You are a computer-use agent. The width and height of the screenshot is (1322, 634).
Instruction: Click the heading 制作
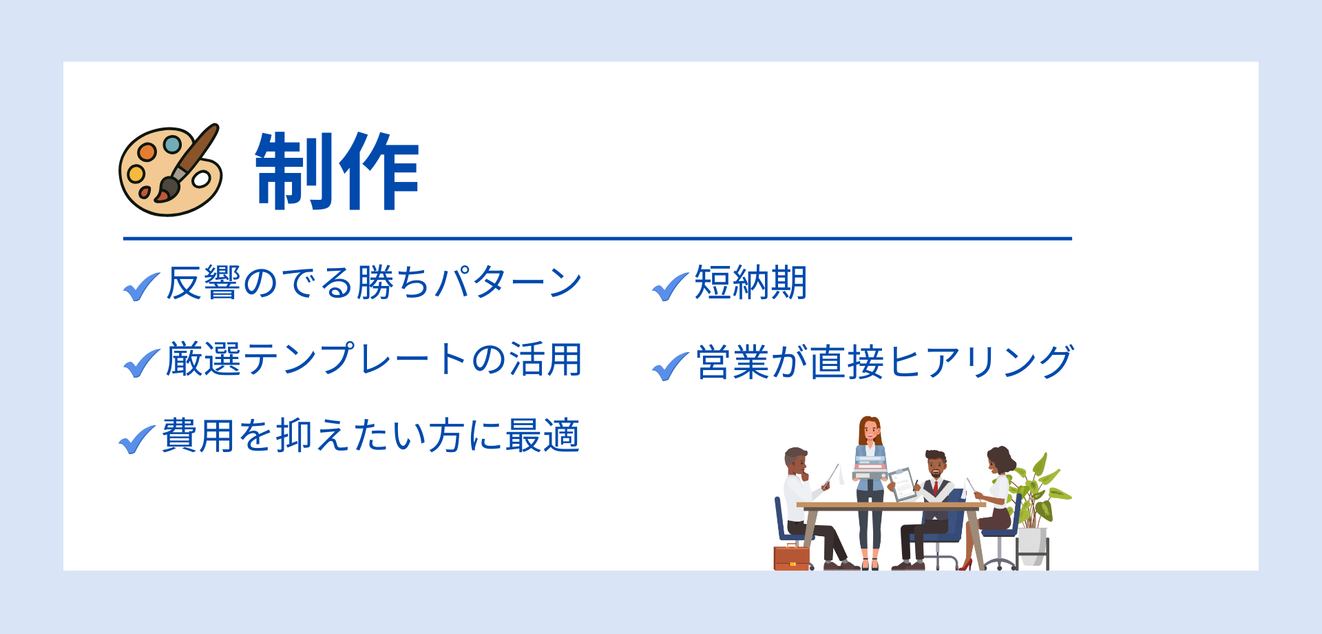(337, 171)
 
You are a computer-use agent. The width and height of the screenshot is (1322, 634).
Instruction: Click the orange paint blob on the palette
(147, 152)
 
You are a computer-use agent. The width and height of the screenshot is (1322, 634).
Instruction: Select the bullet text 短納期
(751, 283)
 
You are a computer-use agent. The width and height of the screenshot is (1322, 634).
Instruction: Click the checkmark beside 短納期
(670, 287)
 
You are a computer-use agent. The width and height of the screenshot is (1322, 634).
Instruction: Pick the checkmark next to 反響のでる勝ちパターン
(142, 287)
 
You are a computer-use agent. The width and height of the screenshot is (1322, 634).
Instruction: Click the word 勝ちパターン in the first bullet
(469, 283)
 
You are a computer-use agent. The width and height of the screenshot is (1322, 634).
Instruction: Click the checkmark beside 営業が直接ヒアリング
(670, 366)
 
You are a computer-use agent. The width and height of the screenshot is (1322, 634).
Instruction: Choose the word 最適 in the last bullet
(543, 436)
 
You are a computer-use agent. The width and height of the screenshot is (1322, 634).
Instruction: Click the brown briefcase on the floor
(792, 557)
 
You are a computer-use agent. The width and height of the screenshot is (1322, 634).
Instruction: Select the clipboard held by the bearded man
(903, 484)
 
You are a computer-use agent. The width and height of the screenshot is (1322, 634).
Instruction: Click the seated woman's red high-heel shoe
(966, 564)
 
